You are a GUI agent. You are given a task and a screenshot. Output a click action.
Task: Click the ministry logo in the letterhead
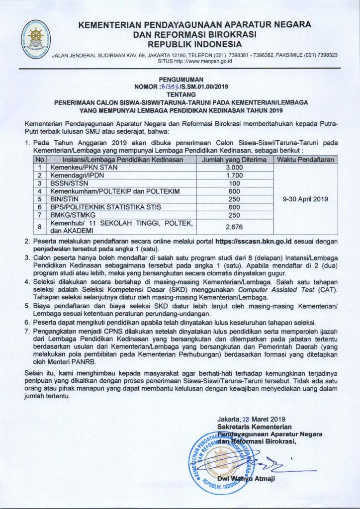pyautogui.click(x=36, y=37)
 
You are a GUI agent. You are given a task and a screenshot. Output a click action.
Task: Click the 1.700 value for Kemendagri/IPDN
pyautogui.click(x=234, y=175)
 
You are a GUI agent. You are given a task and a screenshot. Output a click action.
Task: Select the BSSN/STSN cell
pyautogui.click(x=65, y=183)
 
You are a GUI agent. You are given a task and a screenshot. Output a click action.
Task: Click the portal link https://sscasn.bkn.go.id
pyautogui.click(x=255, y=241)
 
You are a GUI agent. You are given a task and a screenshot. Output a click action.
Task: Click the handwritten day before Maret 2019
pyautogui.click(x=245, y=419)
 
